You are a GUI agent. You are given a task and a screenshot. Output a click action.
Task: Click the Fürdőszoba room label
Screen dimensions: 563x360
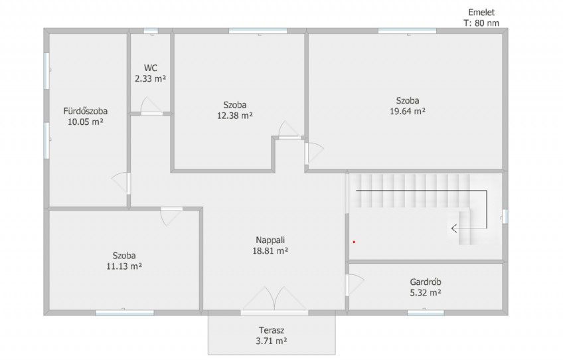[86, 111]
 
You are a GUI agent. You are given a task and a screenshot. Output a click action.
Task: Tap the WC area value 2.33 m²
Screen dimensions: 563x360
[151, 78]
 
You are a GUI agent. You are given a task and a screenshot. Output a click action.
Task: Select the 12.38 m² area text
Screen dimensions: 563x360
[235, 116]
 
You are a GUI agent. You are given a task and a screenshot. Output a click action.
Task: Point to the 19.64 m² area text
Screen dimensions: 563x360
[408, 111]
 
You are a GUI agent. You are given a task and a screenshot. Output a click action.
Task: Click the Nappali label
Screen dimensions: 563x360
[270, 240]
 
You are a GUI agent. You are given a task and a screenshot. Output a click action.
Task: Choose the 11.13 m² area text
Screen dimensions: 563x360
[124, 266]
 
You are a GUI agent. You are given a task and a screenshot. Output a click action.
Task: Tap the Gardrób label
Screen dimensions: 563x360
[426, 282]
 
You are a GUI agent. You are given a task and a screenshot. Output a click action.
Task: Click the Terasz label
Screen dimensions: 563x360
[272, 330]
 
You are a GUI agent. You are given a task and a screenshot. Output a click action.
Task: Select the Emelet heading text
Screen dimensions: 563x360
[481, 12]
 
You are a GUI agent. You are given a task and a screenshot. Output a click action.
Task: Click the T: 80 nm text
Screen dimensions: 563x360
[481, 23]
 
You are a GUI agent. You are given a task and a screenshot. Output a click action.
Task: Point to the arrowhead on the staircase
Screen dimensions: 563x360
[454, 228]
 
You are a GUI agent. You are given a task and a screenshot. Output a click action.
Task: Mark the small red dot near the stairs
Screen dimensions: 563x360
[354, 242]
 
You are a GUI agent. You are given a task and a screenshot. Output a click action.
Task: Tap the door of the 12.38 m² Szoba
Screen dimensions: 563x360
[289, 130]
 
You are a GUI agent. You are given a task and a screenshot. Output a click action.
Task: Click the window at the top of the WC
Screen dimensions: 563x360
[151, 31]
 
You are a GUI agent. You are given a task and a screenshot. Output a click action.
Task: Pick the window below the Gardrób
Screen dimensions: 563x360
[426, 313]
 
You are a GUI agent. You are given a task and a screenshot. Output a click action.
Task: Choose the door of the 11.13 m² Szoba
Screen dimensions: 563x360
[171, 217]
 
